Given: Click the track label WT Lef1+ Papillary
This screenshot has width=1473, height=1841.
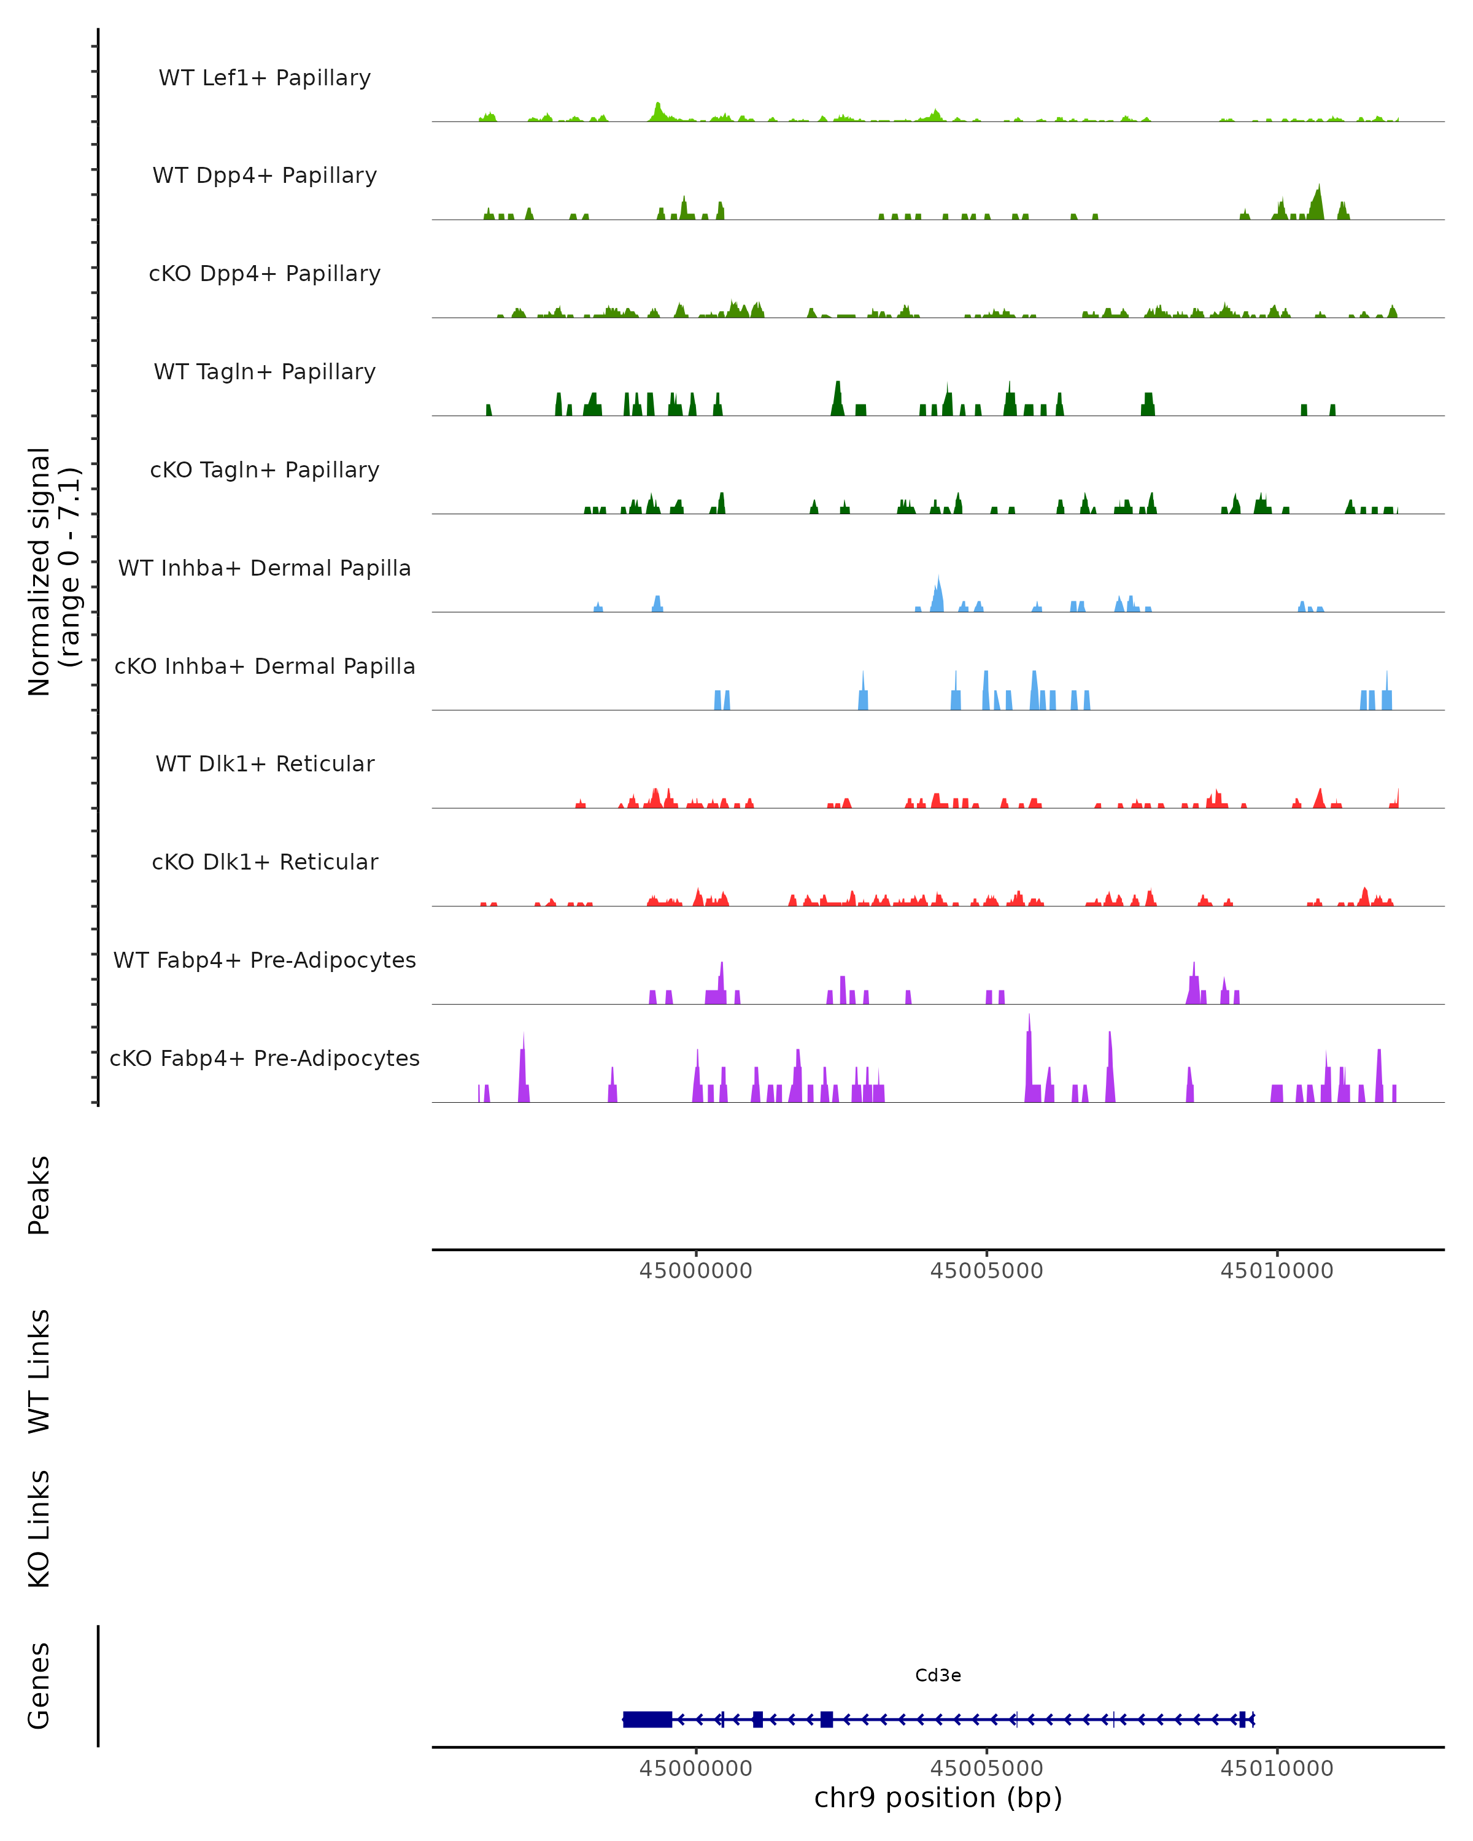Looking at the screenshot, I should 265,78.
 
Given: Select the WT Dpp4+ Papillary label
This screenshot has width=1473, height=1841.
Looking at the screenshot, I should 265,176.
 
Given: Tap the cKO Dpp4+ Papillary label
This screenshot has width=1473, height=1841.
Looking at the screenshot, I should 265,274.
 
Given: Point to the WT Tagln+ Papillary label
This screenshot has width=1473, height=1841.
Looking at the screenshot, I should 265,372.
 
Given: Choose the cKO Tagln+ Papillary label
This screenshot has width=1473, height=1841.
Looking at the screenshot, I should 265,471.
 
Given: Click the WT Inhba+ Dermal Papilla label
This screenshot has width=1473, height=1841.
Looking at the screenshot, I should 265,569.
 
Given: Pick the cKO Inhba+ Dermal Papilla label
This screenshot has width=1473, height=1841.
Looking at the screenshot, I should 265,667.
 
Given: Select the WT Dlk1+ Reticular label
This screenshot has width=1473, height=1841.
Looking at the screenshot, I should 265,764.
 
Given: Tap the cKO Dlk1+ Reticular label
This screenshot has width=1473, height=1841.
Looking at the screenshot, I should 265,862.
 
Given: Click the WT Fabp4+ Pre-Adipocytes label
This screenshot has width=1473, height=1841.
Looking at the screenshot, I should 265,960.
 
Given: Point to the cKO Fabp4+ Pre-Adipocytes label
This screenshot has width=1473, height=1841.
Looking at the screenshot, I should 265,1059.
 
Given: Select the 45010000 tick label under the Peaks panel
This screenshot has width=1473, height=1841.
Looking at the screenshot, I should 1277,1272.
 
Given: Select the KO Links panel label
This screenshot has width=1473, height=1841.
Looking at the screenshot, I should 39,1529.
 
